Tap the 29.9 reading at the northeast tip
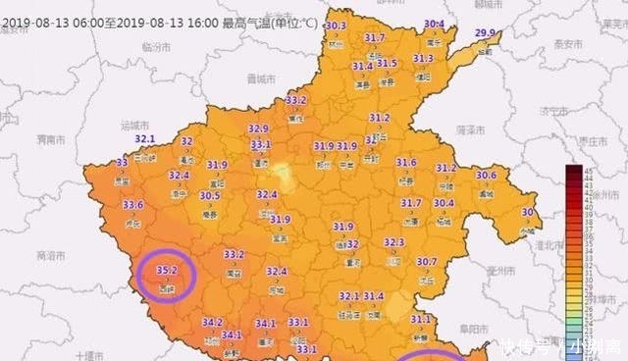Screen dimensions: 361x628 [x=485, y=33]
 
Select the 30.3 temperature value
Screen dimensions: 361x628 [x=337, y=26]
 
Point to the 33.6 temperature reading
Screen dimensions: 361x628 [x=133, y=204]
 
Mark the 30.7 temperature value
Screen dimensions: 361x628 [x=426, y=262]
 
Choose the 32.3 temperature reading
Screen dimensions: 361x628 [x=393, y=241]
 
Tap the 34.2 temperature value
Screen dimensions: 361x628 [x=213, y=322]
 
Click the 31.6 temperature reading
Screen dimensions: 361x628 [x=406, y=163]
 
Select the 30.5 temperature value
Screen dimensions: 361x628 [x=210, y=196]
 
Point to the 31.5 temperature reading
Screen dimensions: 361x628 [x=387, y=64]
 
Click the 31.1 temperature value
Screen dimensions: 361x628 [x=421, y=319]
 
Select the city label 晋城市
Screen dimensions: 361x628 [x=261, y=77]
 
